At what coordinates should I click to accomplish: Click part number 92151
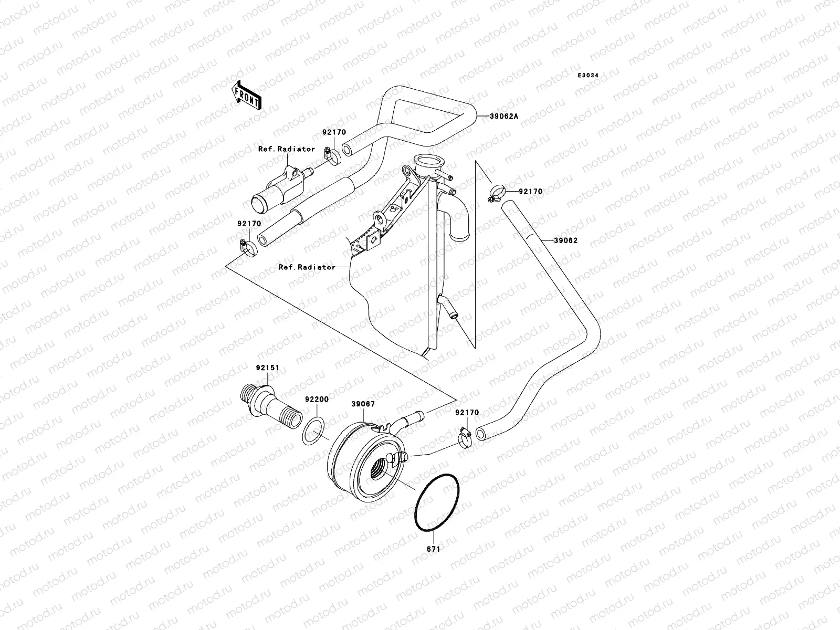point(267,368)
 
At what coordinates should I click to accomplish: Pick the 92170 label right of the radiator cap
point(530,192)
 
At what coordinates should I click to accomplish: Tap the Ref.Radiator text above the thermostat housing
point(287,149)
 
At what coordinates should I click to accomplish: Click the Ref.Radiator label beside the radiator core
point(307,267)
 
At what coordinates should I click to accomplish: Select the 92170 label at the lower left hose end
point(249,224)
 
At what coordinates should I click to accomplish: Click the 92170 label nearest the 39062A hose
point(334,134)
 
